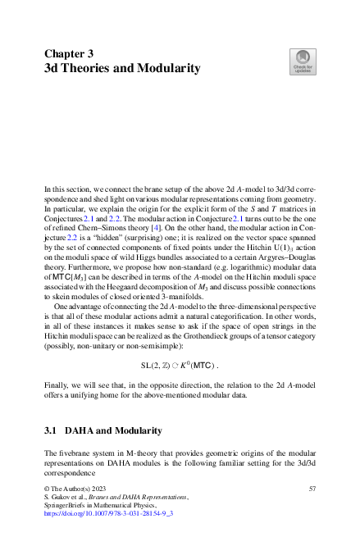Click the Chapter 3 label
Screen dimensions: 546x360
coord(68,54)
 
